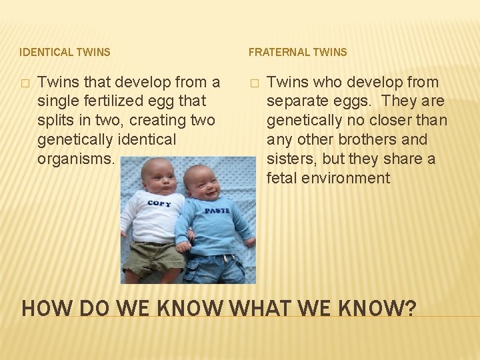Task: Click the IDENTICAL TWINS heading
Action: pyautogui.click(x=65, y=51)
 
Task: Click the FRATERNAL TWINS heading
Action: pyautogui.click(x=297, y=51)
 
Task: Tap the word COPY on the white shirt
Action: pyautogui.click(x=159, y=203)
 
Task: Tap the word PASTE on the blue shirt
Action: pyautogui.click(x=217, y=210)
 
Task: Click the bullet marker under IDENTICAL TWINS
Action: pyautogui.click(x=25, y=83)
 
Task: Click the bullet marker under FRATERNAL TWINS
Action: pyautogui.click(x=253, y=83)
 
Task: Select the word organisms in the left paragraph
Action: pyautogui.click(x=77, y=159)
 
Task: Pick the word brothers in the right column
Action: pyautogui.click(x=366, y=140)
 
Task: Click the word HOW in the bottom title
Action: pyautogui.click(x=44, y=309)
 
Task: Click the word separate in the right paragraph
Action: pyautogui.click(x=293, y=102)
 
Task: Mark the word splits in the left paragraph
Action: pyautogui.click(x=57, y=121)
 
